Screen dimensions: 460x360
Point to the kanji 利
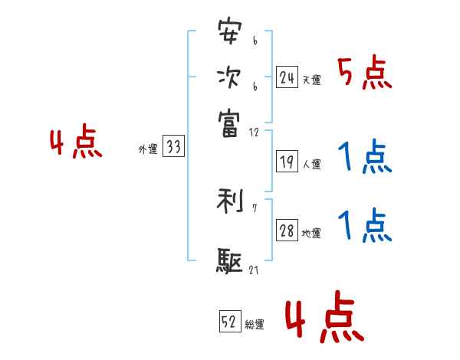pos(229,202)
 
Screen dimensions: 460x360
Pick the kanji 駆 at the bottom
pos(229,260)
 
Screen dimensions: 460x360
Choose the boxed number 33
pos(173,148)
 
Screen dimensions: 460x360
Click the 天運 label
pos(311,80)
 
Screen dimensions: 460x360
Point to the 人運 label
pos(311,164)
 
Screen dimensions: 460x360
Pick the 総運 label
pos(255,325)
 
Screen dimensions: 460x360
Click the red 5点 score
pos(364,74)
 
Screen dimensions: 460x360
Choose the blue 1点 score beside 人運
pos(364,159)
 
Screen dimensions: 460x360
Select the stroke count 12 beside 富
pos(254,133)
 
